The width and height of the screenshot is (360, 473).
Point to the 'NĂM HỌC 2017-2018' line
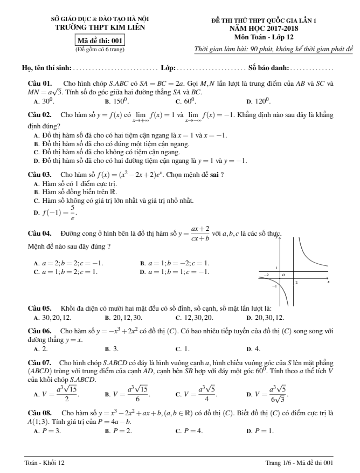[x=264, y=27]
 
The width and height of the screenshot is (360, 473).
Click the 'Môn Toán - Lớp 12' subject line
[x=264, y=36]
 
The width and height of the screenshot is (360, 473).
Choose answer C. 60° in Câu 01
[x=188, y=100]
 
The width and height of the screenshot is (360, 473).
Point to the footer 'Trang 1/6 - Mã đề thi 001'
[x=300, y=463]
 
